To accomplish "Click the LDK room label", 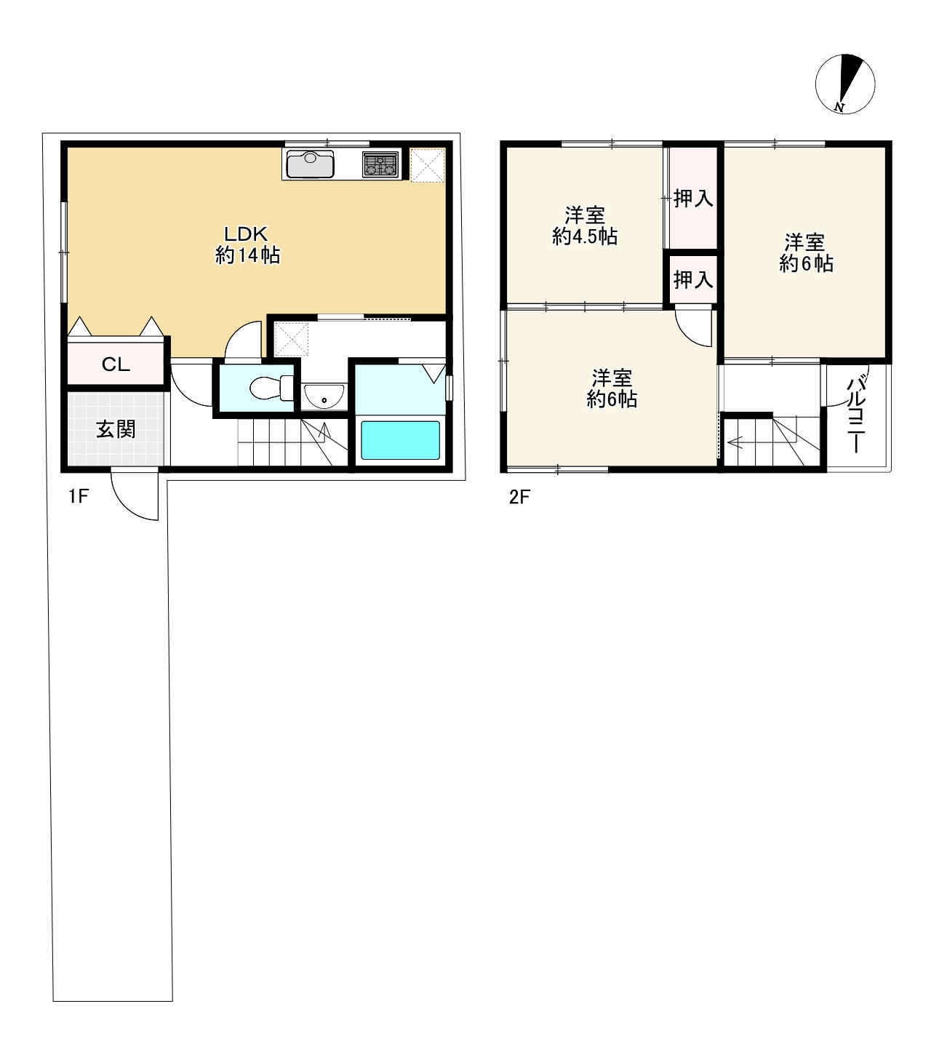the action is tap(245, 234).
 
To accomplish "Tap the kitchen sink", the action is tap(310, 163).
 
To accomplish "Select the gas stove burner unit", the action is tap(380, 164).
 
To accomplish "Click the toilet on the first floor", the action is tap(271, 388).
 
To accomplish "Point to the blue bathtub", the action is tap(400, 440).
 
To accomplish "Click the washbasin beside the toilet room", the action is tap(324, 396).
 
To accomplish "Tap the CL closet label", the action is tap(116, 364).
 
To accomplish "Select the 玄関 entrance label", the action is tap(116, 429).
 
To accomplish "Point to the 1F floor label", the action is tap(79, 496).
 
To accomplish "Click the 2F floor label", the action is tap(519, 497).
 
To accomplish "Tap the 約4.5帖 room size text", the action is tap(585, 236).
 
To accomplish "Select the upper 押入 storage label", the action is tap(693, 199).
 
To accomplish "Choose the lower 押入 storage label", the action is tap(693, 280).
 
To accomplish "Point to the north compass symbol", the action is tap(845, 84).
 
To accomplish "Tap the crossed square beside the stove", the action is tap(428, 165).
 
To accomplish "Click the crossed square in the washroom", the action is tap(291, 339).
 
